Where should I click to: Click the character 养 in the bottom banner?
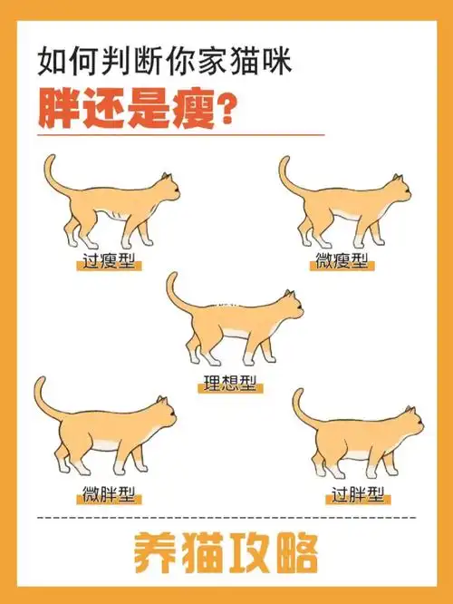pos(153,551)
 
